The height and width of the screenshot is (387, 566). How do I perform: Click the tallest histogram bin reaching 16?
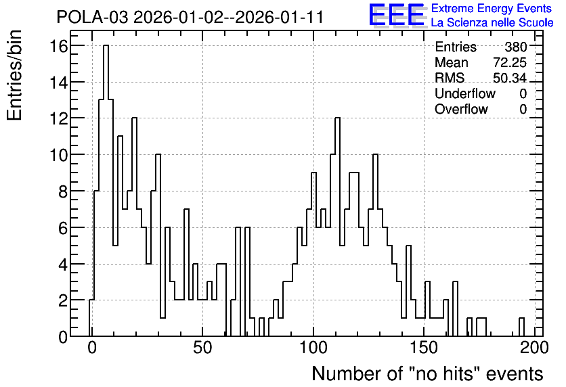click(106, 191)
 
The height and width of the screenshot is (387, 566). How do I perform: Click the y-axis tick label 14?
click(58, 83)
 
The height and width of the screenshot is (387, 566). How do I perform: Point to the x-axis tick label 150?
click(424, 348)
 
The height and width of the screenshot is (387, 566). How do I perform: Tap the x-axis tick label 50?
click(202, 348)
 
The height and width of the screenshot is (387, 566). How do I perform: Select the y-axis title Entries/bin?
click(14, 76)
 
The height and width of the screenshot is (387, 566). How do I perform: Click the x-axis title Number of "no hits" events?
click(427, 373)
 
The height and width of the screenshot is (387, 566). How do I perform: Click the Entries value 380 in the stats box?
click(515, 47)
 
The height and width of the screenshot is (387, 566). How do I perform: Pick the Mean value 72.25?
click(510, 62)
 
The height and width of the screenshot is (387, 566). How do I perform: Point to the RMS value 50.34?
click(510, 78)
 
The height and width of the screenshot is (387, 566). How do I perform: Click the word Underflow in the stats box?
click(465, 93)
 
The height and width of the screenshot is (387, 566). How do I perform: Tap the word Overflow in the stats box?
click(461, 109)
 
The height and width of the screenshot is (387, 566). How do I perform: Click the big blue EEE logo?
click(397, 15)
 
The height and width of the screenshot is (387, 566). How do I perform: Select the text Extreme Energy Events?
click(492, 8)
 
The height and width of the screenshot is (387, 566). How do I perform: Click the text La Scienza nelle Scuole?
click(492, 23)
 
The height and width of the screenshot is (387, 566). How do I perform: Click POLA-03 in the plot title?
click(92, 17)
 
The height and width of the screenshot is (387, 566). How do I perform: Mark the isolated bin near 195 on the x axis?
click(521, 327)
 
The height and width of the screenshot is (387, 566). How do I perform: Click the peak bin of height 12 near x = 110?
click(338, 227)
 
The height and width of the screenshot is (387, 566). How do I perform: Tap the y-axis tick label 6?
click(63, 228)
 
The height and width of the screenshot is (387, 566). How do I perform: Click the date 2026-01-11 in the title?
click(279, 17)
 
